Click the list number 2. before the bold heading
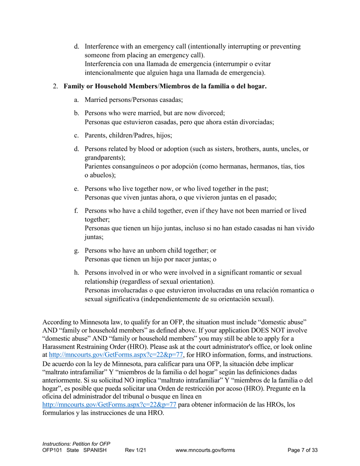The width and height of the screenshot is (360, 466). click(55, 86)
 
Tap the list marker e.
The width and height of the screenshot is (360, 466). click(77, 188)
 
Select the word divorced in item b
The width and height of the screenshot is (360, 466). click(212, 113)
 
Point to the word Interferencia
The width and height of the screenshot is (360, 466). click(104, 64)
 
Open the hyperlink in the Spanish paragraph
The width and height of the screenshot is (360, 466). click(109, 405)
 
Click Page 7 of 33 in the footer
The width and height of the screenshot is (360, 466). click(302, 450)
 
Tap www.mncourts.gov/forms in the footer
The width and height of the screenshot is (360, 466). click(205, 450)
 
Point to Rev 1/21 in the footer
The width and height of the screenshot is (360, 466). click(136, 450)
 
